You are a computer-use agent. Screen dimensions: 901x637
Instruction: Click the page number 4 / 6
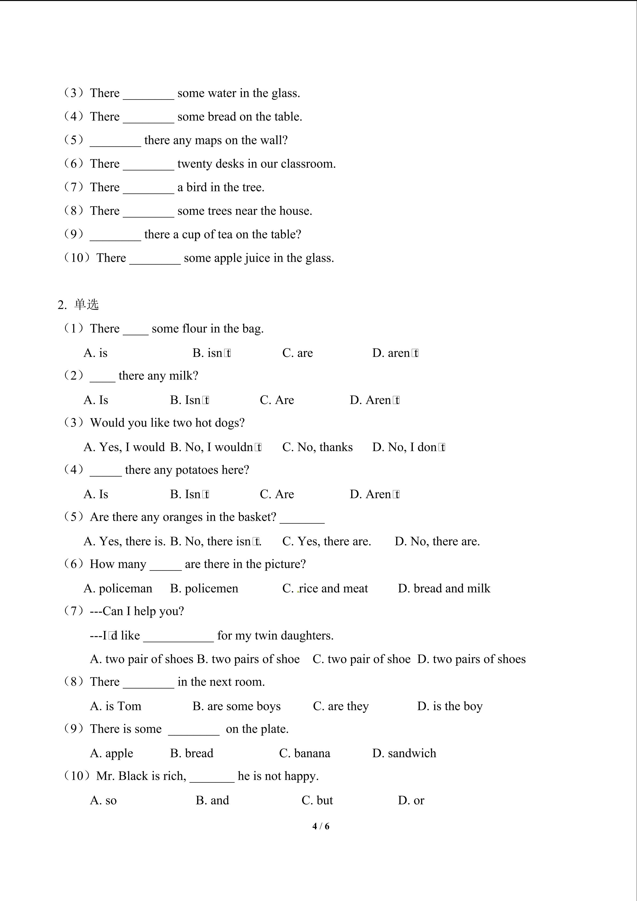[x=321, y=826]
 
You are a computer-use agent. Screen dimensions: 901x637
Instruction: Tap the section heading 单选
[x=86, y=305]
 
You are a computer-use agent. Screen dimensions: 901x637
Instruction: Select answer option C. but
[x=317, y=800]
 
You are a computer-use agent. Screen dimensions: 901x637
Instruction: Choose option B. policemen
[x=204, y=588]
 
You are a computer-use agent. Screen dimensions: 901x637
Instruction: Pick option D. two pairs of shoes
[x=471, y=659]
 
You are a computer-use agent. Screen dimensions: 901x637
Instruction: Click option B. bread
[x=192, y=753]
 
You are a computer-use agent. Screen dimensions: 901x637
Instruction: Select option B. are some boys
[x=237, y=706]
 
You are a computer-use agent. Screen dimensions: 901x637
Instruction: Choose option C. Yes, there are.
[x=326, y=541]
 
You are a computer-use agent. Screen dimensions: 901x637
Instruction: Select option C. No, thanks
[x=317, y=447]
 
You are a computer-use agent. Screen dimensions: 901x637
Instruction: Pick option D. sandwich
[x=404, y=753]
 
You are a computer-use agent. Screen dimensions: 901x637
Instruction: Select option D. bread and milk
[x=444, y=588]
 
